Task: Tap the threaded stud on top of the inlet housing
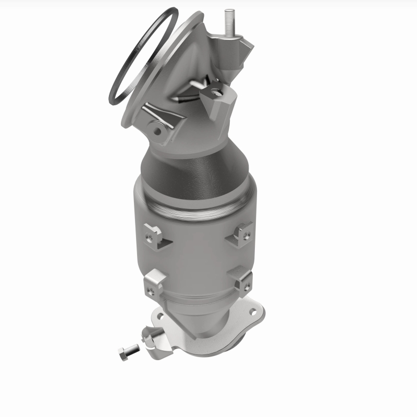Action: coord(228,23)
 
